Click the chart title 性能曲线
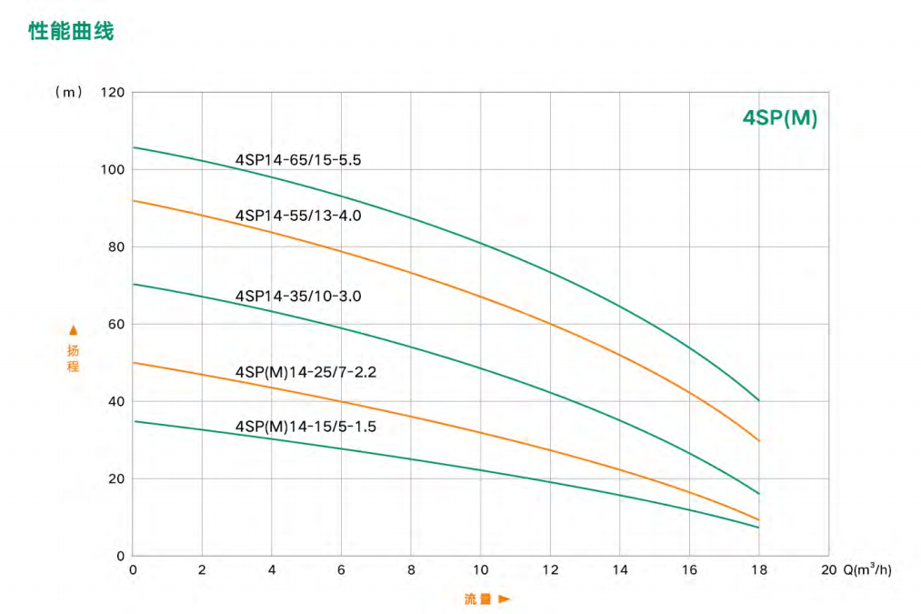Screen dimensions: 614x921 click(x=71, y=32)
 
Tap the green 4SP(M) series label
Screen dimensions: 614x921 click(x=779, y=119)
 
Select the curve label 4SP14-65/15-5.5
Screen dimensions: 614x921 click(x=298, y=160)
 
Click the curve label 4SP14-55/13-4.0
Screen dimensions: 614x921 click(x=298, y=216)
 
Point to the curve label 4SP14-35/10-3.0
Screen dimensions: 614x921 click(x=298, y=296)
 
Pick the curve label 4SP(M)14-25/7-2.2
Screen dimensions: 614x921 click(x=305, y=371)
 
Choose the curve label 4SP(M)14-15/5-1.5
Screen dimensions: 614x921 click(x=305, y=426)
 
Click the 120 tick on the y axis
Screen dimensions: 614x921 click(x=112, y=93)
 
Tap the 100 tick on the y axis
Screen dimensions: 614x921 click(x=112, y=170)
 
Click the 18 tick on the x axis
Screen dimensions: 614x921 click(x=759, y=570)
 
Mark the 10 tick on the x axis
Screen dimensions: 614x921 click(x=481, y=570)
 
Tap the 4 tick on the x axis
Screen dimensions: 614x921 click(x=272, y=570)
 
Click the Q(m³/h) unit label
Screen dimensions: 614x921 click(x=867, y=570)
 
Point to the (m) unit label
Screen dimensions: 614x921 click(x=69, y=93)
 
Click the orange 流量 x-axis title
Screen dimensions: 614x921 click(x=477, y=599)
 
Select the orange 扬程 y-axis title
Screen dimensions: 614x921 click(x=74, y=358)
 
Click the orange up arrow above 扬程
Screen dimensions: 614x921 click(x=74, y=330)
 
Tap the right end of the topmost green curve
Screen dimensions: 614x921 click(x=758, y=400)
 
